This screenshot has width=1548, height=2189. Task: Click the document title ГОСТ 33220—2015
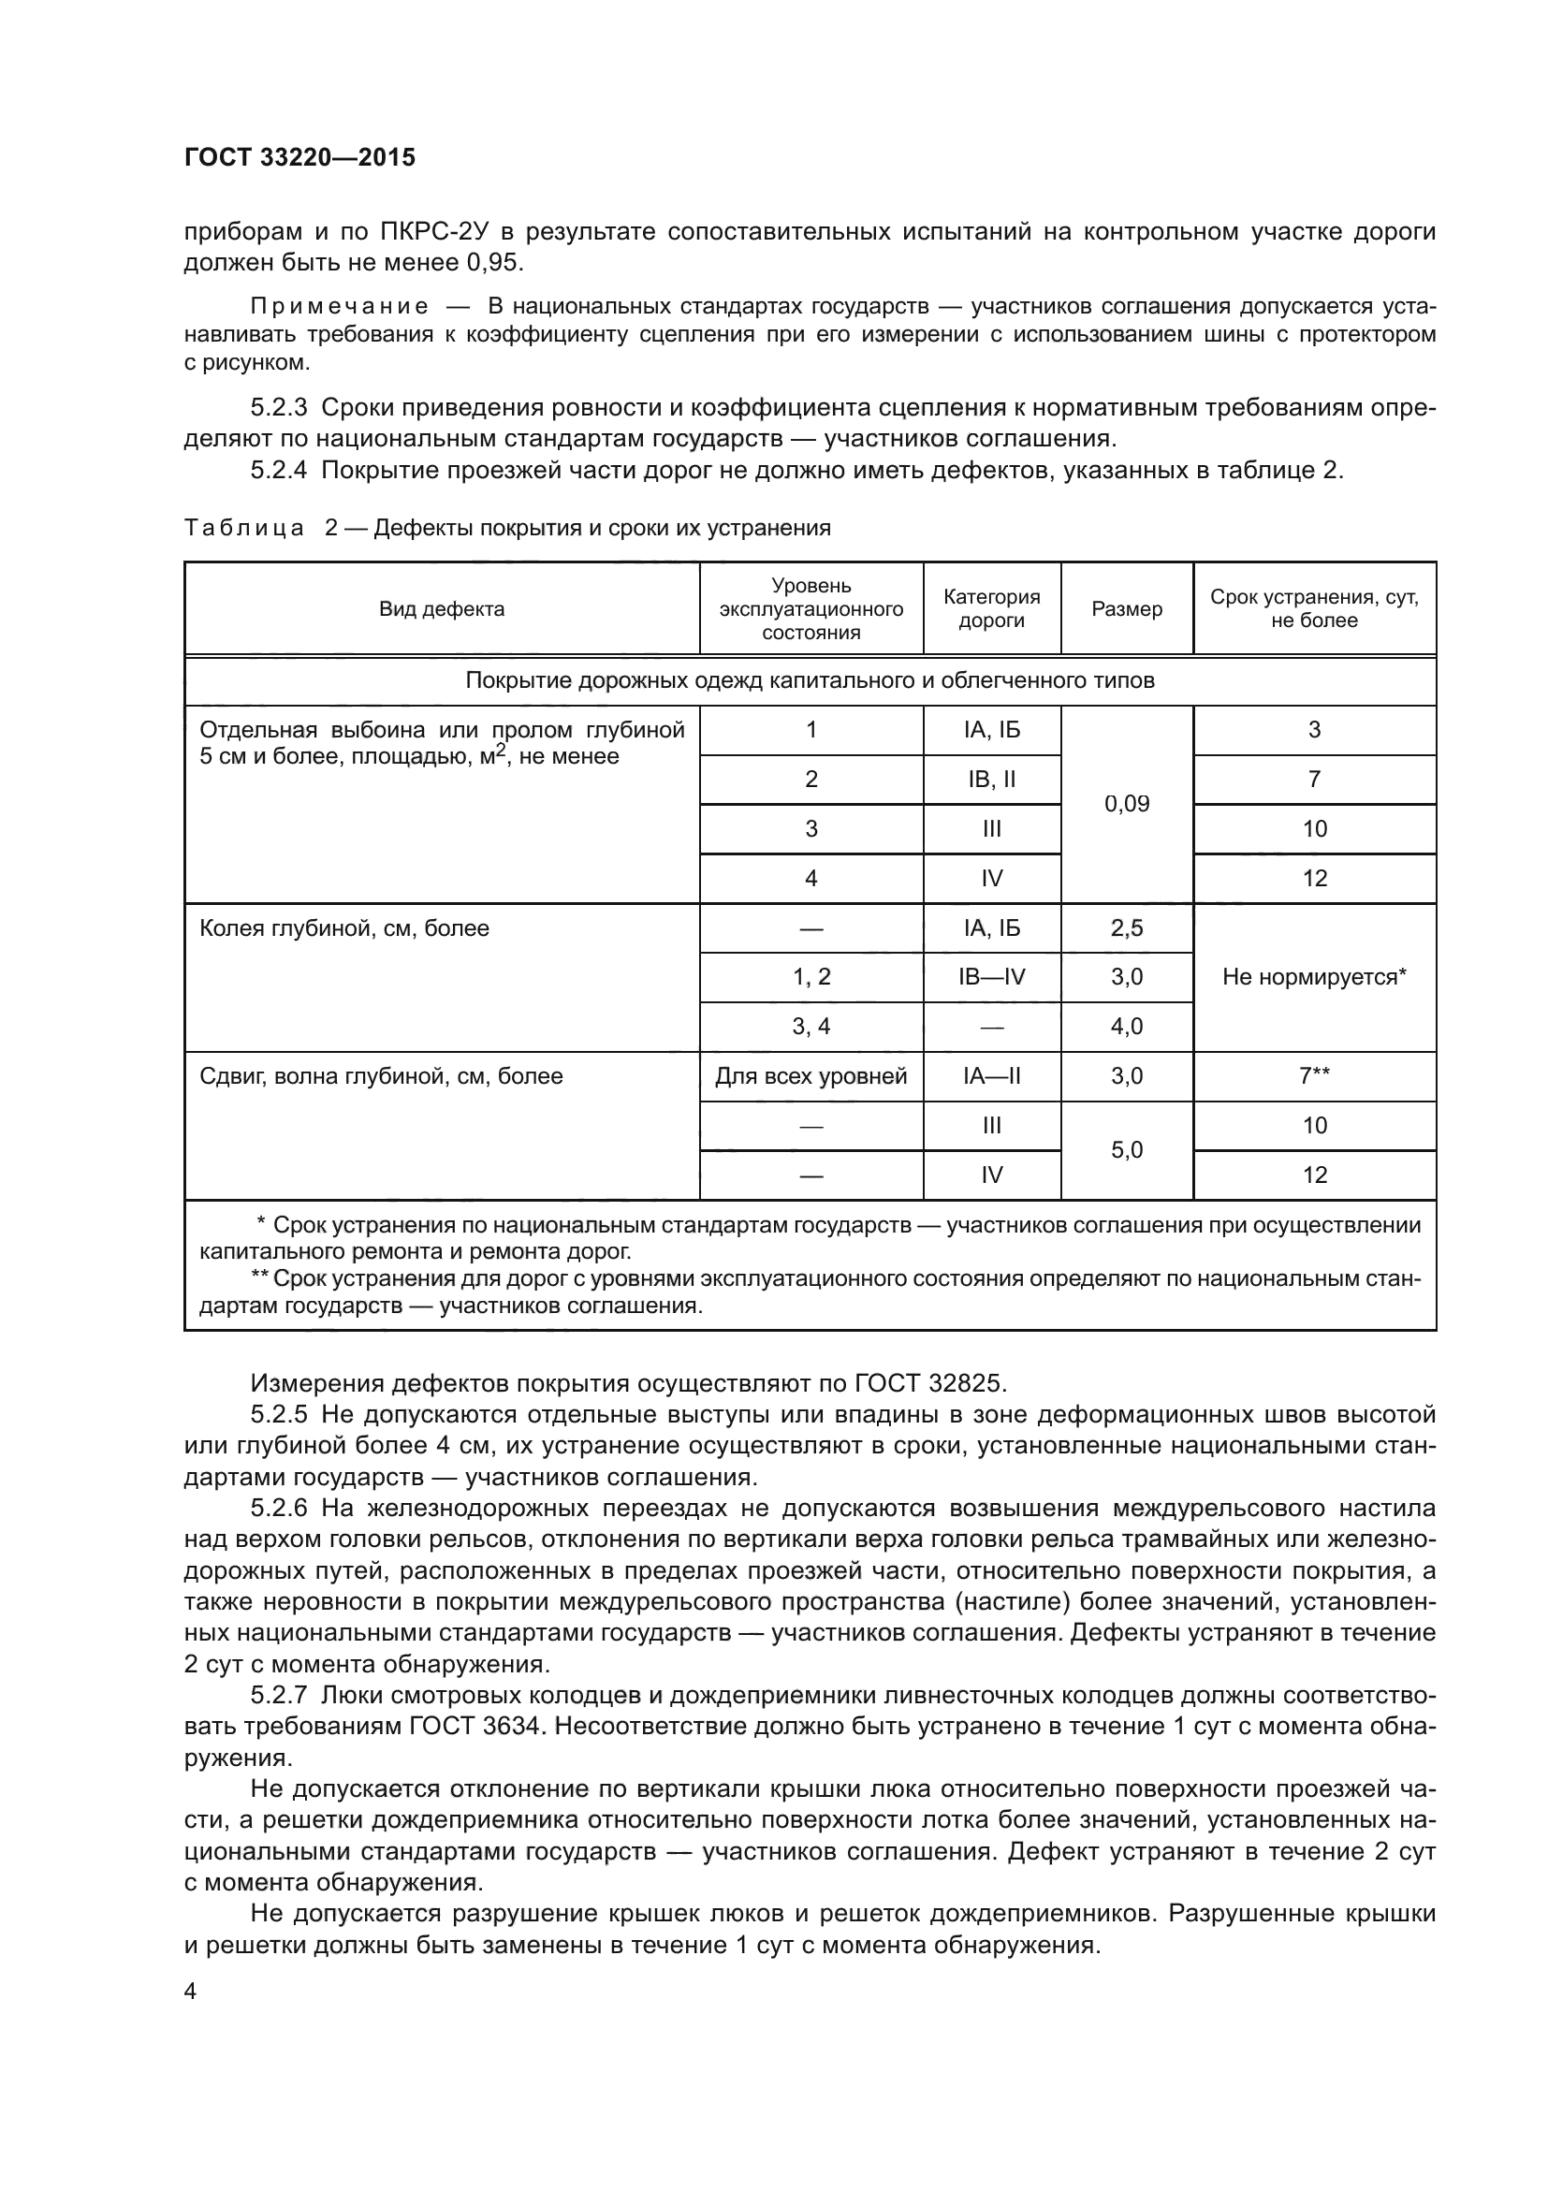[x=299, y=157]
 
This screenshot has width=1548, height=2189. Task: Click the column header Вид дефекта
[x=442, y=609]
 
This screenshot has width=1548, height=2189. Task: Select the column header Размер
[x=1127, y=609]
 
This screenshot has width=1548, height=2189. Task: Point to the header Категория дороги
[x=991, y=609]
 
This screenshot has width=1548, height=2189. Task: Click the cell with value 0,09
[x=1127, y=804]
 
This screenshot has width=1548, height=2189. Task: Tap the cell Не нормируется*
[x=1314, y=977]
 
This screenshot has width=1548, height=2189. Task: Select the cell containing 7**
[x=1314, y=1076]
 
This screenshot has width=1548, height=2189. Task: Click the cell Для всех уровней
[x=811, y=1076]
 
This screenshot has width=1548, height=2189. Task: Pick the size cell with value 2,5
[x=1127, y=927]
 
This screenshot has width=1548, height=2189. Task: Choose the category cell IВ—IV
[x=991, y=977]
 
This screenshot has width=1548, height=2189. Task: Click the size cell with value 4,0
[x=1127, y=1027]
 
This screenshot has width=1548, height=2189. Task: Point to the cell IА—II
[x=991, y=1076]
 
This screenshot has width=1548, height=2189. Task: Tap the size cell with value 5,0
[x=1127, y=1150]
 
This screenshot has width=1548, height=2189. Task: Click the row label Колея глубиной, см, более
[x=344, y=928]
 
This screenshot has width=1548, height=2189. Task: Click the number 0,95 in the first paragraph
[x=495, y=262]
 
